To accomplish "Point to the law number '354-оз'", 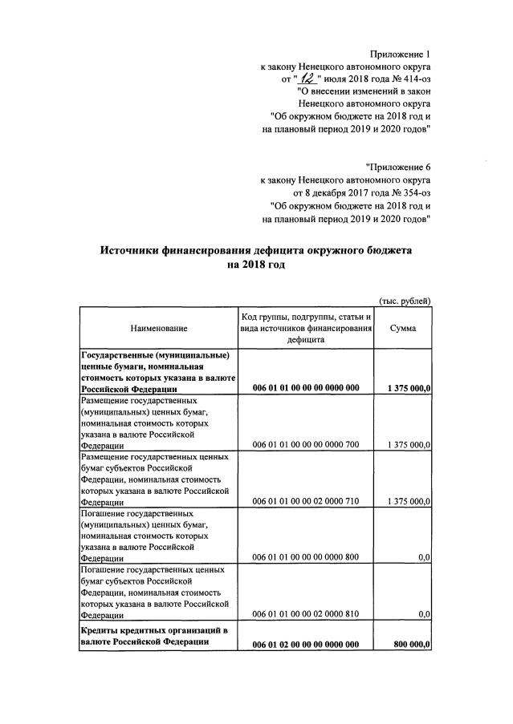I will [413, 192].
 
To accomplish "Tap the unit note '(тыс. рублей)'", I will [405, 301].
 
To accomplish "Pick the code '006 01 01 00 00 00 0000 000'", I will [306, 388].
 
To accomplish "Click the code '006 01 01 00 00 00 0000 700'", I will [306, 444].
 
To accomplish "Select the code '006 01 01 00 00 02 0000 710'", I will [306, 500].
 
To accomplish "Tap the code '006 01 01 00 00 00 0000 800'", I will [306, 556].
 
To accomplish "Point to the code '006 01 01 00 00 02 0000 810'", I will [306, 613].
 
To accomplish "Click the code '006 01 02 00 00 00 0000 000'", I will [306, 644].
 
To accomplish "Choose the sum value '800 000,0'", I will [409, 644].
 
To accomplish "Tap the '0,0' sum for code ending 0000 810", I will [424, 613].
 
